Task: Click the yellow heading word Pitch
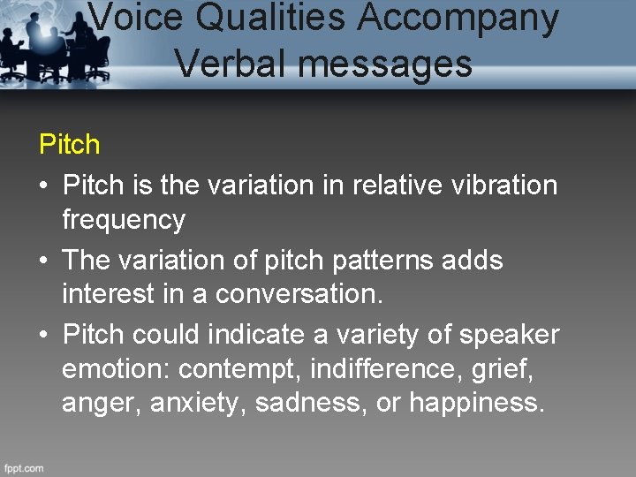coord(70,144)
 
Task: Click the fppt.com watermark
coord(23,468)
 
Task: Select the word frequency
coord(124,219)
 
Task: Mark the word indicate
coord(270,336)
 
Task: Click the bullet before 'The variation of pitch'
coord(43,261)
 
